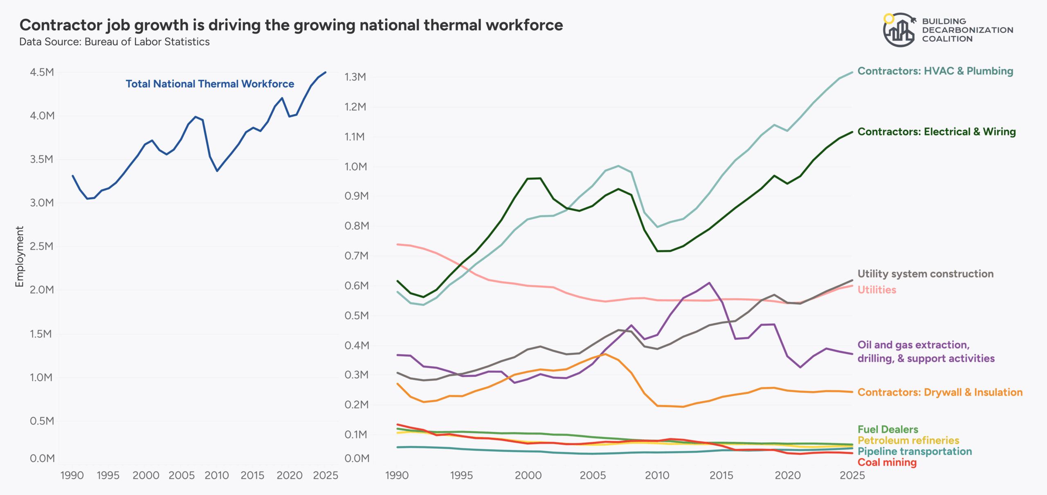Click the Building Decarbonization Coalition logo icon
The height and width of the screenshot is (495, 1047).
coord(899,30)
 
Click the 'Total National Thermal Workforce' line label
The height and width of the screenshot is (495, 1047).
coord(210,84)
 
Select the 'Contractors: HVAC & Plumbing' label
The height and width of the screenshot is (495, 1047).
coord(935,71)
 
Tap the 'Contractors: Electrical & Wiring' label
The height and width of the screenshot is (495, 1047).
coord(936,132)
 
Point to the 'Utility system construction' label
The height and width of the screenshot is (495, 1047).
coord(925,274)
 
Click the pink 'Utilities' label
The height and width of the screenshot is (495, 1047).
coord(876,290)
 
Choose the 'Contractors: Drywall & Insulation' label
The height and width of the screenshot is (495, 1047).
coord(939,392)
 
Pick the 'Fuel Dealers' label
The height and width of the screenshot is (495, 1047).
coord(887,430)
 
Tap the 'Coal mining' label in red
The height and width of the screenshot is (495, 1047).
coord(887,462)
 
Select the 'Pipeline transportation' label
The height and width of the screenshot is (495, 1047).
coord(914,451)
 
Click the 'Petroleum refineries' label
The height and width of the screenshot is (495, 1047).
coord(908,441)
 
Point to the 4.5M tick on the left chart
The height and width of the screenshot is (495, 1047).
coord(42,72)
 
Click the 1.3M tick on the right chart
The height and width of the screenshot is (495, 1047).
coord(355,77)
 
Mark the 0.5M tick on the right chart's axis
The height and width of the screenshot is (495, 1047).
coord(356,316)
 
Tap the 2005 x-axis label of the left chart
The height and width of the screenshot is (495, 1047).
coord(181,475)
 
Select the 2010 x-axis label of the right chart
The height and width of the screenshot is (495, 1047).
coord(657,475)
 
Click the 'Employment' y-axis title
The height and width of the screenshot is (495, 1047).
coord(19,256)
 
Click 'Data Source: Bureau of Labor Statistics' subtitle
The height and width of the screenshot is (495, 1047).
coord(115,42)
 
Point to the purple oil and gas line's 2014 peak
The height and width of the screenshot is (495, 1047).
coord(709,283)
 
